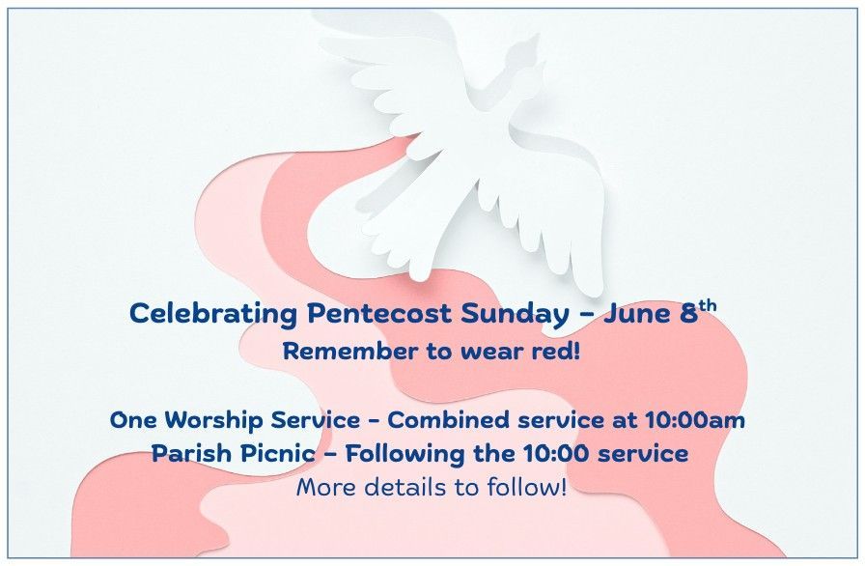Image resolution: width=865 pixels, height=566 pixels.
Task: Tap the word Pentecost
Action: coord(379,313)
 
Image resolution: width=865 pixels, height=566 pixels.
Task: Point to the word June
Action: coord(636,313)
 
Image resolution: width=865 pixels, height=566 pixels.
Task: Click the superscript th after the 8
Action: coord(708,305)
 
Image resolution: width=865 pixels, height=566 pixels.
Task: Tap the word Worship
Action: coord(213,421)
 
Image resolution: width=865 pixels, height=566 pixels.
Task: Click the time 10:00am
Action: coord(695,420)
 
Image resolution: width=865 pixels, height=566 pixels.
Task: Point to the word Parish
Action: coord(191,453)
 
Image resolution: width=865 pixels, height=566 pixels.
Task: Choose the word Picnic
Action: coord(277,453)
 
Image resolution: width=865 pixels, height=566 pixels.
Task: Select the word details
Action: coord(405,488)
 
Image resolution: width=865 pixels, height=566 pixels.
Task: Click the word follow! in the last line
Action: coord(526,488)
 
